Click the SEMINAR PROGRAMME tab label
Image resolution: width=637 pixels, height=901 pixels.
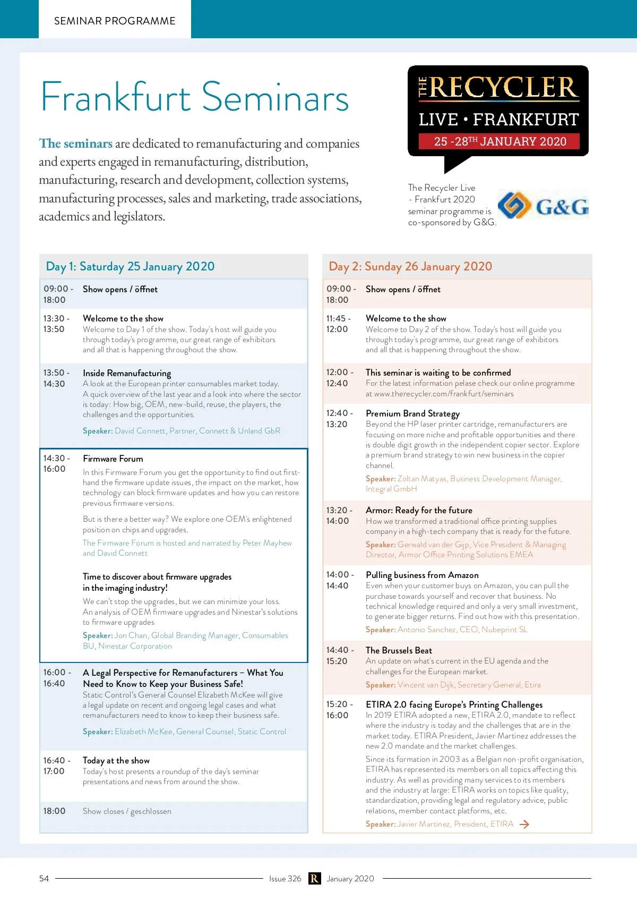pyautogui.click(x=115, y=21)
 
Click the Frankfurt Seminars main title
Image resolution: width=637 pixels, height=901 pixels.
pyautogui.click(x=195, y=97)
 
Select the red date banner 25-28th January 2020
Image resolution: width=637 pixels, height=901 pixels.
pyautogui.click(x=500, y=141)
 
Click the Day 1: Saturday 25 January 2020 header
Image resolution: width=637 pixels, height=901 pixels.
pyautogui.click(x=131, y=266)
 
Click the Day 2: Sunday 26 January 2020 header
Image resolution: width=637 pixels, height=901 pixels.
pyautogui.click(x=410, y=266)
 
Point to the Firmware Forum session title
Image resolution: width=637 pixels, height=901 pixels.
pyautogui.click(x=113, y=458)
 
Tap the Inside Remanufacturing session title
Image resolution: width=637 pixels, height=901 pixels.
pyautogui.click(x=127, y=373)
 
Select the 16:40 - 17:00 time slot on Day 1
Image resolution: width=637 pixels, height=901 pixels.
pyautogui.click(x=55, y=766)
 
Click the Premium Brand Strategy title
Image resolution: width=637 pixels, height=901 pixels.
pyautogui.click(x=412, y=413)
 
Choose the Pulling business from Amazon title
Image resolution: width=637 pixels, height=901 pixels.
pyautogui.click(x=422, y=575)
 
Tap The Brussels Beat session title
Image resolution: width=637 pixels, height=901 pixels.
pyautogui.click(x=399, y=650)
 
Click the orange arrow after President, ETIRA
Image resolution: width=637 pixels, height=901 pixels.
pyautogui.click(x=524, y=824)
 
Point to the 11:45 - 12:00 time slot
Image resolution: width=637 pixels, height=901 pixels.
pyautogui.click(x=338, y=324)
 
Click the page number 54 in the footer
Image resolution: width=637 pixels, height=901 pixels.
pyautogui.click(x=44, y=879)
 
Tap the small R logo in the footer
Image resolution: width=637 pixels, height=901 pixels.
pyautogui.click(x=314, y=879)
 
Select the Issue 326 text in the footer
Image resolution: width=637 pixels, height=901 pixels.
pyautogui.click(x=285, y=879)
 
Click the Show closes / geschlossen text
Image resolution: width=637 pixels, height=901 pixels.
pyautogui.click(x=127, y=811)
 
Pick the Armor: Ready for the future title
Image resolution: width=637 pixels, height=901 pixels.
pyautogui.click(x=419, y=510)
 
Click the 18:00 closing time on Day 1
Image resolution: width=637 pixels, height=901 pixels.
pyautogui.click(x=55, y=811)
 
